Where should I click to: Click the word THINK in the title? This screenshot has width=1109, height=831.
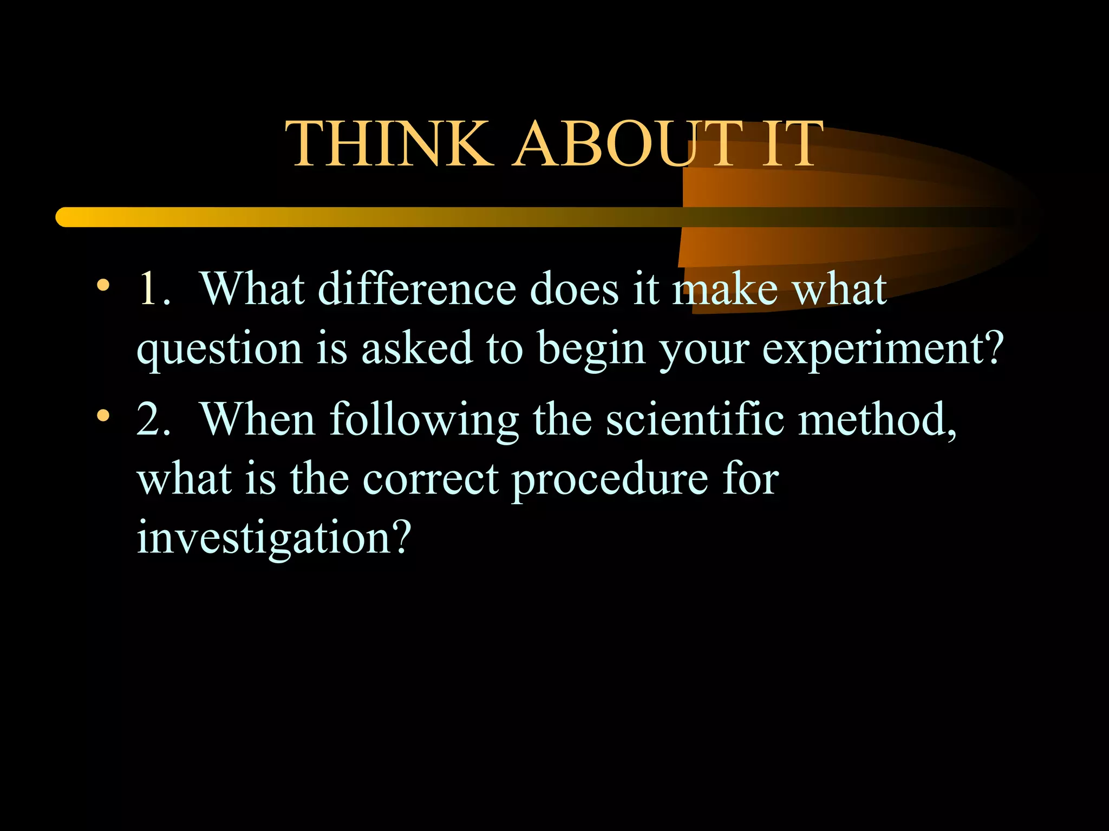389,144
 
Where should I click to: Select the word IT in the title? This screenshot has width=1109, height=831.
793,144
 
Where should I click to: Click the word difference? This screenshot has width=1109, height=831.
417,289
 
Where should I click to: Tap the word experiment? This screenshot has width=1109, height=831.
877,349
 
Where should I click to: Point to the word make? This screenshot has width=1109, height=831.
725,289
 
